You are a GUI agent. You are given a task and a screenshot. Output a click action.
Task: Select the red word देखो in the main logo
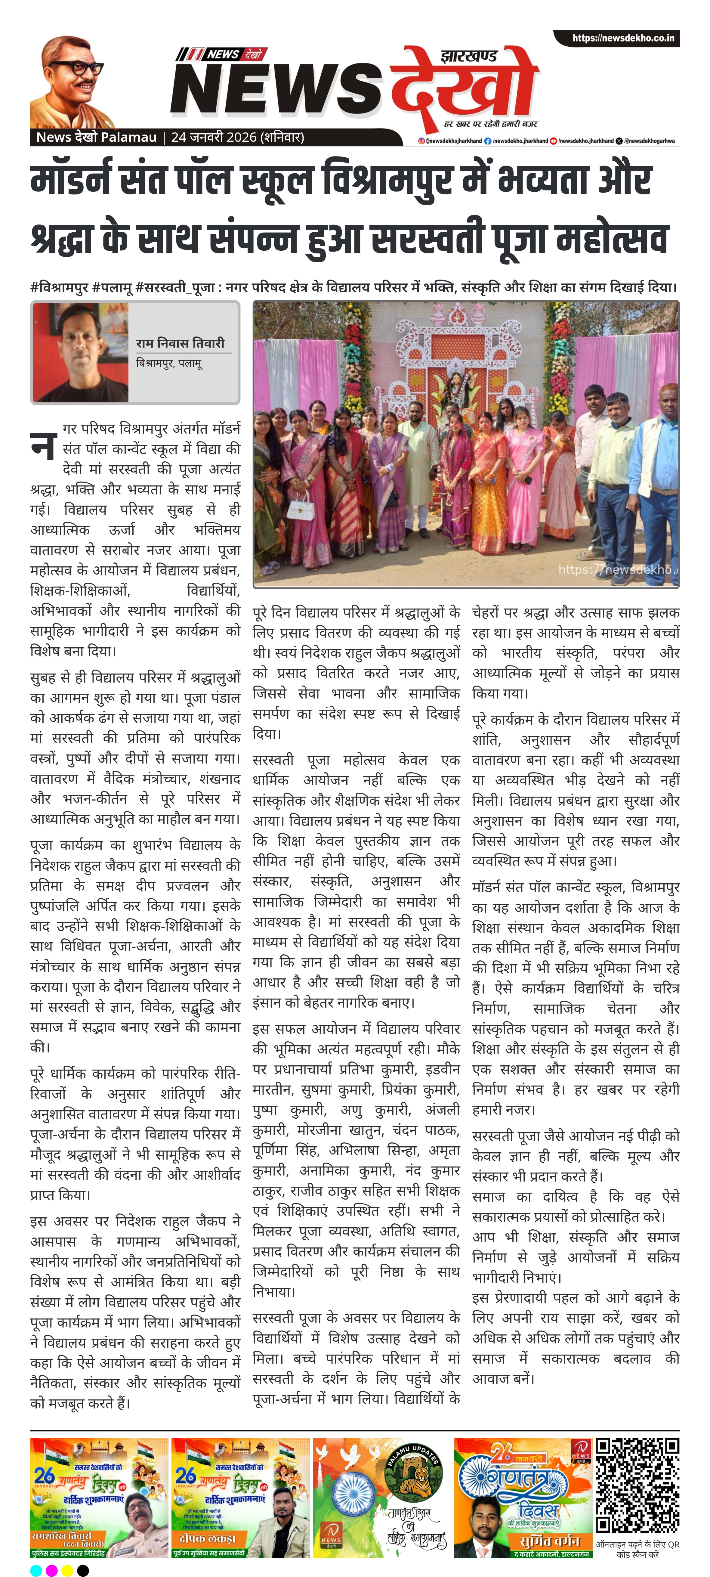pos(465,86)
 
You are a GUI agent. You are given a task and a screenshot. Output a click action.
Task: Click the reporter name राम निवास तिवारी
pos(181,343)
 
